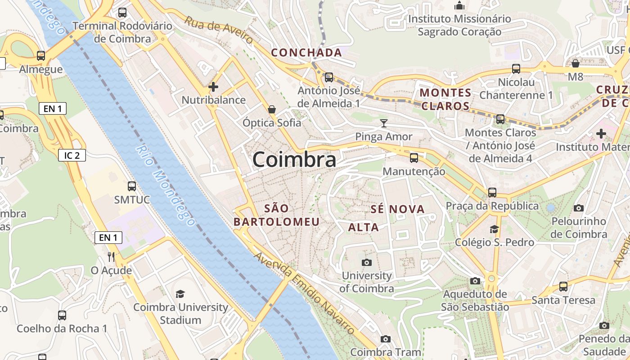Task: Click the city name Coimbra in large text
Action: (x=294, y=160)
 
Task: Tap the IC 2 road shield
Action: (x=72, y=155)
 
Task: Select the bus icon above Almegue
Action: (x=41, y=56)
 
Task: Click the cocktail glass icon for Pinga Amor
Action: (x=383, y=123)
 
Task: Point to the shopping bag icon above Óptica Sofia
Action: (x=272, y=109)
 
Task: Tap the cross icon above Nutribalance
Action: (x=213, y=86)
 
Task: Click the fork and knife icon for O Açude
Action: (x=111, y=256)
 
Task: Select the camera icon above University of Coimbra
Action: (x=367, y=262)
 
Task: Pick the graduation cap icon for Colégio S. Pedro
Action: (x=494, y=229)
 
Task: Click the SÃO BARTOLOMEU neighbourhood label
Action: (x=276, y=215)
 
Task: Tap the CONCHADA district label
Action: (x=306, y=53)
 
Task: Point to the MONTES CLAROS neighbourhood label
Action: (x=445, y=99)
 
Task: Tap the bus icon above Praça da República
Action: (x=492, y=193)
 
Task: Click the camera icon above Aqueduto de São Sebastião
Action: (x=475, y=281)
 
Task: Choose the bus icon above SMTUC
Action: (x=132, y=186)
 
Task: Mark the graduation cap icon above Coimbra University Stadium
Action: (x=180, y=294)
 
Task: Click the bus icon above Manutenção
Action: (x=414, y=158)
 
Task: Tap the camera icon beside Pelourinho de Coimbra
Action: (x=579, y=208)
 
